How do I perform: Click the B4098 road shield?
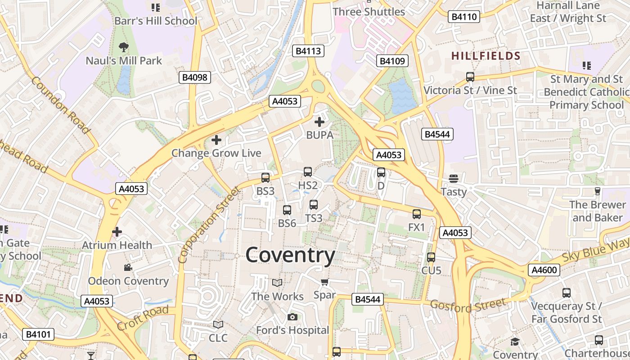click(195, 77)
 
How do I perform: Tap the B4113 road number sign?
click(308, 51)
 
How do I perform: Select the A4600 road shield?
click(544, 270)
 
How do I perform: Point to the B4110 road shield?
click(464, 17)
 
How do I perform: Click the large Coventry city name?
click(290, 255)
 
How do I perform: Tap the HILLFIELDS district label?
click(486, 56)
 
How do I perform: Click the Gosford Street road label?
click(468, 305)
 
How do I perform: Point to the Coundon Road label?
click(60, 105)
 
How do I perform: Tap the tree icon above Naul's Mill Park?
click(123, 46)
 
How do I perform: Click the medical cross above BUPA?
click(319, 121)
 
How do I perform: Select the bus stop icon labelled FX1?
click(417, 214)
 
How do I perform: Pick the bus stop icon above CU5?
click(431, 257)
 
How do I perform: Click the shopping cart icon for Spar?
click(324, 282)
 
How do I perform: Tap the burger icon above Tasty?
click(454, 179)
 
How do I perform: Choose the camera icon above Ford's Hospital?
click(292, 317)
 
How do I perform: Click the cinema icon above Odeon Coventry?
click(128, 268)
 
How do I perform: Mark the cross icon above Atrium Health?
click(117, 232)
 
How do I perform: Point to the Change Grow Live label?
click(216, 153)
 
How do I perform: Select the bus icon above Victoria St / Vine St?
click(470, 77)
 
